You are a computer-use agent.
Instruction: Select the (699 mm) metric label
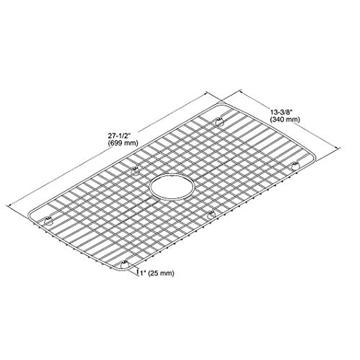[x=123, y=143]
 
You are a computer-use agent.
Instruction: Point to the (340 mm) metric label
[x=285, y=120]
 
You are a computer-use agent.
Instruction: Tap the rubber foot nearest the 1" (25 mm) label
[x=124, y=265]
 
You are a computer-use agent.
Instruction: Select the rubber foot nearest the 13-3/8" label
[x=220, y=121]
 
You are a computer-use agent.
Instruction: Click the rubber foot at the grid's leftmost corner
[x=48, y=221]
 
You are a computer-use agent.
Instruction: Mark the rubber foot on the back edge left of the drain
[x=135, y=171]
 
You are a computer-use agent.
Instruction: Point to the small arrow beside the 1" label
[x=138, y=272]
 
